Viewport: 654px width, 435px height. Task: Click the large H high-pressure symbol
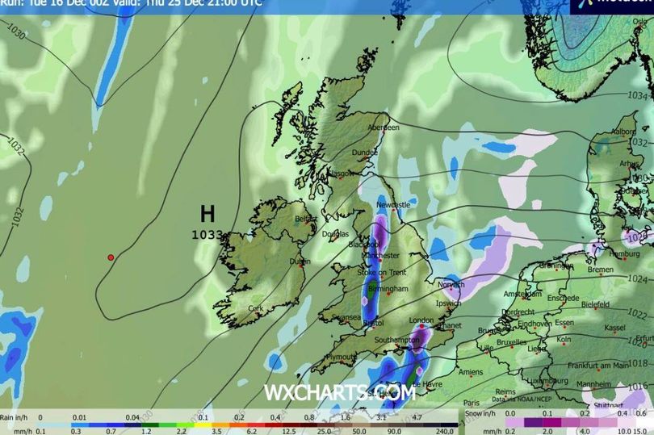pos(208,214)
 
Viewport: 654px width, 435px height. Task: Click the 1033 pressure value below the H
pos(207,235)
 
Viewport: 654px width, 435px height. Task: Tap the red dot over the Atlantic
pos(111,257)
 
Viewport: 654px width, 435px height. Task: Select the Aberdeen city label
pos(384,128)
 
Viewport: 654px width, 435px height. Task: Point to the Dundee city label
pos(364,151)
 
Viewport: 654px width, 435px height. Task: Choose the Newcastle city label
pos(395,205)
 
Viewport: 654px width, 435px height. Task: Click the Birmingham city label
pos(387,289)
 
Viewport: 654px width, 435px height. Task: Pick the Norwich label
pos(451,284)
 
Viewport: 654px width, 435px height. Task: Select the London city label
pos(421,320)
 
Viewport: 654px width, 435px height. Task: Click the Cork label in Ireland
pos(257,308)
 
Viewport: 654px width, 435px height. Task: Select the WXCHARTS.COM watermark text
pos(339,393)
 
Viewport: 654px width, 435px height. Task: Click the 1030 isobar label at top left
pos(16,36)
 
